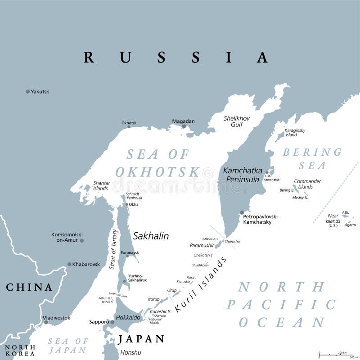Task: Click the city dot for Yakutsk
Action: pos(27,91)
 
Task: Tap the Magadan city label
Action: pos(183,121)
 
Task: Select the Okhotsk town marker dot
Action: pos(129,126)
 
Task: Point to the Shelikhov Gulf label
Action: pos(237,121)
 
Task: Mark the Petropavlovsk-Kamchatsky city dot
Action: pos(242,212)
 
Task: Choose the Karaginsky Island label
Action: pos(295,132)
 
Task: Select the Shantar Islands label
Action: pos(100,185)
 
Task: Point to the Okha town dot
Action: pos(126,204)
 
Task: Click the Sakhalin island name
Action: pos(151,235)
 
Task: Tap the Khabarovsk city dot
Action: pos(69,264)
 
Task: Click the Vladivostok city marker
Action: pos(46,322)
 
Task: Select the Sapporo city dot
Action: pos(112,322)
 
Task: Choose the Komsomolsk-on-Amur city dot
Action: pos(81,240)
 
